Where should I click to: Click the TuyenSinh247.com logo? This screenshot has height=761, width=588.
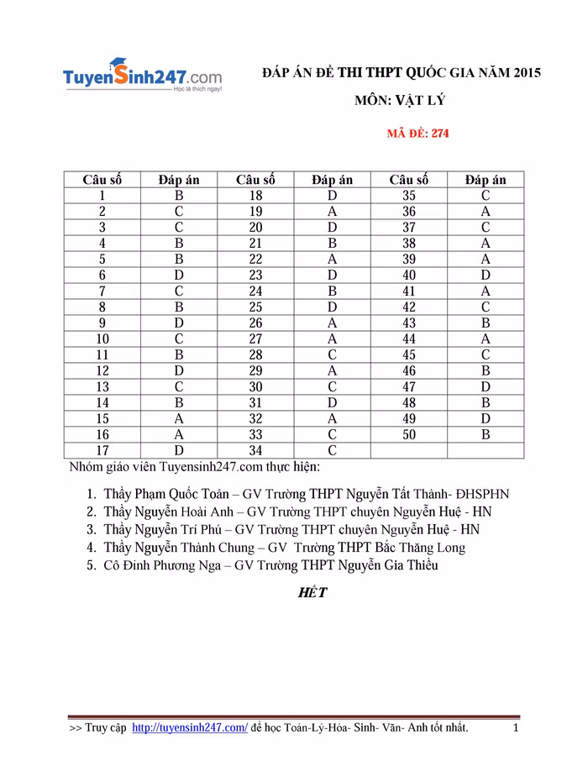(x=142, y=76)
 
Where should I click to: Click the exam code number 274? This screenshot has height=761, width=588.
(x=439, y=133)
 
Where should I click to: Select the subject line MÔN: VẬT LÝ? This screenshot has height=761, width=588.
(x=399, y=101)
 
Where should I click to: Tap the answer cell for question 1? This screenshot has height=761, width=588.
(x=178, y=196)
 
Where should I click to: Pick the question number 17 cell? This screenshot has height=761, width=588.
(x=102, y=451)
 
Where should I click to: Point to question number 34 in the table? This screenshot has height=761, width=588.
(x=255, y=451)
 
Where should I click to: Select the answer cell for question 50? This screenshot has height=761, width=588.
(x=486, y=435)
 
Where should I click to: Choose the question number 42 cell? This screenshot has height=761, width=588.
(x=409, y=307)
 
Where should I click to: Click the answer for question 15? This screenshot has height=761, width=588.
(x=178, y=419)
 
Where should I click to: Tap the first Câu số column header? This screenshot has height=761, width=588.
(x=102, y=180)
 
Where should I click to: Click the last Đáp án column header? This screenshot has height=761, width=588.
(x=486, y=180)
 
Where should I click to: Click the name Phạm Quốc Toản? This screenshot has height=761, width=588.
(x=186, y=494)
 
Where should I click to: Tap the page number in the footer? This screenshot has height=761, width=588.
(x=516, y=727)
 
